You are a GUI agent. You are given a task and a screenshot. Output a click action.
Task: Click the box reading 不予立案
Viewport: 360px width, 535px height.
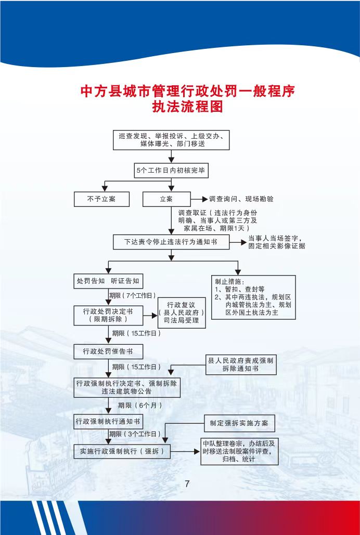tap(102, 199)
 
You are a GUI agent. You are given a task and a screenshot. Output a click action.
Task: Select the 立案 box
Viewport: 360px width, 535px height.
tap(166, 199)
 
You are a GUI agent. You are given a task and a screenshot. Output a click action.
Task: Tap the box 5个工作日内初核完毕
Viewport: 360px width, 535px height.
tap(171, 170)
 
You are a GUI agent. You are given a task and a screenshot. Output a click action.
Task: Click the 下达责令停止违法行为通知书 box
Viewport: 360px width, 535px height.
tap(171, 242)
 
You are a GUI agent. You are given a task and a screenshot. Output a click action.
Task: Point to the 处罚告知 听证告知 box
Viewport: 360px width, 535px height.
tap(108, 281)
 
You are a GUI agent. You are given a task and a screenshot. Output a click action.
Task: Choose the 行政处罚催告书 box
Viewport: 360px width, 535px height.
tap(108, 351)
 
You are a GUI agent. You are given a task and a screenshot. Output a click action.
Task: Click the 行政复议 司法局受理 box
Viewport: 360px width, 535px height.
tap(182, 312)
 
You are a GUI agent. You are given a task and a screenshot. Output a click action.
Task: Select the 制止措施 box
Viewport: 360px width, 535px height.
tap(253, 297)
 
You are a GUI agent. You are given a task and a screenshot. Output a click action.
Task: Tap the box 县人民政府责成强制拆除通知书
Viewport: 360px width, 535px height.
tap(241, 365)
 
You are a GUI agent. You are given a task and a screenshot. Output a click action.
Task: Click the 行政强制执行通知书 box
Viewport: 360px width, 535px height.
tap(108, 422)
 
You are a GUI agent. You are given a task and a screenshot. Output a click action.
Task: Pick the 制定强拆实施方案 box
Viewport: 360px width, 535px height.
tap(239, 423)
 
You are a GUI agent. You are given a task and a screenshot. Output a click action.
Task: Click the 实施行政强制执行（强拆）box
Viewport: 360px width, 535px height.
tap(122, 451)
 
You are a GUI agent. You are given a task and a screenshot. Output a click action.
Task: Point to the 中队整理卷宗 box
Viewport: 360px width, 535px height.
tap(239, 451)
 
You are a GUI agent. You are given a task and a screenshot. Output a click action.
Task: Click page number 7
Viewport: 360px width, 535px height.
tap(187, 484)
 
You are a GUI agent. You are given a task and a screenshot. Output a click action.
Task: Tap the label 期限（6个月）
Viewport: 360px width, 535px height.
tap(140, 406)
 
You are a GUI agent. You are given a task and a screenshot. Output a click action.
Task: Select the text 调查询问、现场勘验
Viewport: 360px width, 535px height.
tap(241, 199)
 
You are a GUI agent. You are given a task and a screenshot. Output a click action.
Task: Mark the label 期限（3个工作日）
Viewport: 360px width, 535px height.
tap(135, 434)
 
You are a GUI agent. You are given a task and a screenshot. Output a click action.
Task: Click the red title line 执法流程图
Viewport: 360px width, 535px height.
tap(187, 107)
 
